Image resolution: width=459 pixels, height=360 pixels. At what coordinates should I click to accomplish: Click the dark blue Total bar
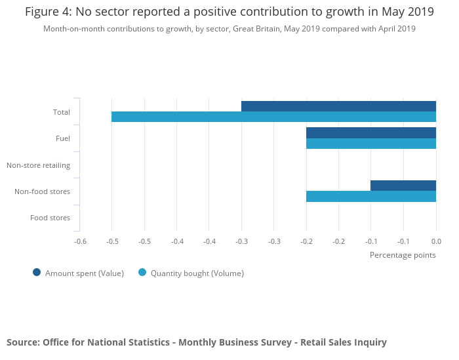[x=338, y=106]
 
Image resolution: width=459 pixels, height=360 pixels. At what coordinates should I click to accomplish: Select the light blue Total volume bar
[x=273, y=117]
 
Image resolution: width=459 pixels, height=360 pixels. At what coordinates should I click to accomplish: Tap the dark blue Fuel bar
[x=371, y=132]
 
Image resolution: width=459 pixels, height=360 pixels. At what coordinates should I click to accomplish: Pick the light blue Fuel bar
[x=371, y=144]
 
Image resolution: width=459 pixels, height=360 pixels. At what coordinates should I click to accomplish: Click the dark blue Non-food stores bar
[x=403, y=186]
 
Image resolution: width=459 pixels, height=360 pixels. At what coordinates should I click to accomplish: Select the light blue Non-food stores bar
[x=371, y=196]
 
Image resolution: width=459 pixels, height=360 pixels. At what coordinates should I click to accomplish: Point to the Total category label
[x=62, y=112]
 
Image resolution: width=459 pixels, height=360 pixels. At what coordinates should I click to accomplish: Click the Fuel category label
[x=63, y=138]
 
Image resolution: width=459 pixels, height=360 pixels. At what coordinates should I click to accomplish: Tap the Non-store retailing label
[x=38, y=165]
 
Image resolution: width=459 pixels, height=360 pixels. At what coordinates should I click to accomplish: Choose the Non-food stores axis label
[x=42, y=191]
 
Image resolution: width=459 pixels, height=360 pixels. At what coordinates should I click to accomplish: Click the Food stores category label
[x=50, y=218]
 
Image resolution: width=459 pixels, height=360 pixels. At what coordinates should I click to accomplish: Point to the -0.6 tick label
[x=80, y=241]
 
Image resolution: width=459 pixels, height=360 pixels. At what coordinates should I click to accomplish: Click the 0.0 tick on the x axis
[x=436, y=241]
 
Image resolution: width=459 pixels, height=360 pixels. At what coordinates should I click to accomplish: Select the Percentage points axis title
[x=403, y=255]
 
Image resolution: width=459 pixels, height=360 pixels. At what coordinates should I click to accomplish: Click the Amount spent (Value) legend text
[x=85, y=273]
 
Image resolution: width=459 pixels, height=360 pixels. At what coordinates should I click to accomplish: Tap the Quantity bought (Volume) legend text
[x=197, y=273]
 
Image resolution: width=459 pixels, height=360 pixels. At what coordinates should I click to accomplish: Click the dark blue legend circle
[x=37, y=273]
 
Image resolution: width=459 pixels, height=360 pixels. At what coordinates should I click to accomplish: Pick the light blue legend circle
[x=142, y=273]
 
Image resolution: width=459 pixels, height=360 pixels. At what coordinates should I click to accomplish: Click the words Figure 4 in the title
[x=49, y=12]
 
